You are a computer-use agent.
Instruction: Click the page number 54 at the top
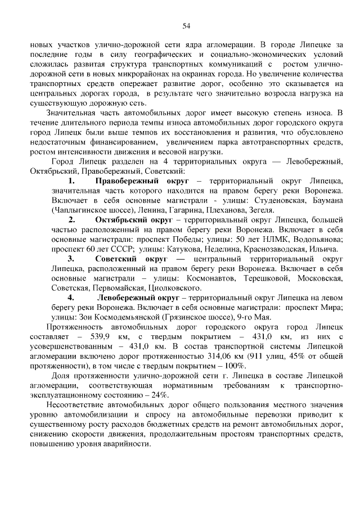(186, 25)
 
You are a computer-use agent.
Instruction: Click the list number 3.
(71, 259)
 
